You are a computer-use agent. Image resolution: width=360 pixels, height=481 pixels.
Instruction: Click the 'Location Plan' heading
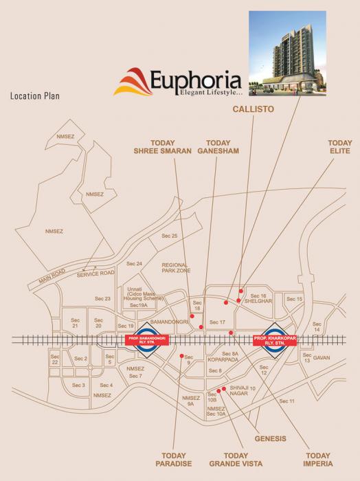point(34,96)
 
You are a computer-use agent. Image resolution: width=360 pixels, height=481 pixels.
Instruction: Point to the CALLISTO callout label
point(249,108)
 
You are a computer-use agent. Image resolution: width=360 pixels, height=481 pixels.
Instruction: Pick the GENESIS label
point(269,438)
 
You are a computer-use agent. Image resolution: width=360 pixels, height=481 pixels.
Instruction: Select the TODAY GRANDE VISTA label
point(236,459)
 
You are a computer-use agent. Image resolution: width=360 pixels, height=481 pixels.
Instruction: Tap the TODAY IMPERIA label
point(319,459)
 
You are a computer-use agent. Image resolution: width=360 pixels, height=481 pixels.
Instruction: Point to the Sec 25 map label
point(169,236)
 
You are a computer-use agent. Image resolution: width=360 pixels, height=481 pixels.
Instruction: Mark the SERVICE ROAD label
point(95,273)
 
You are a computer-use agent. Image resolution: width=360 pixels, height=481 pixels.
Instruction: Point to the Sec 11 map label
point(286,401)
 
